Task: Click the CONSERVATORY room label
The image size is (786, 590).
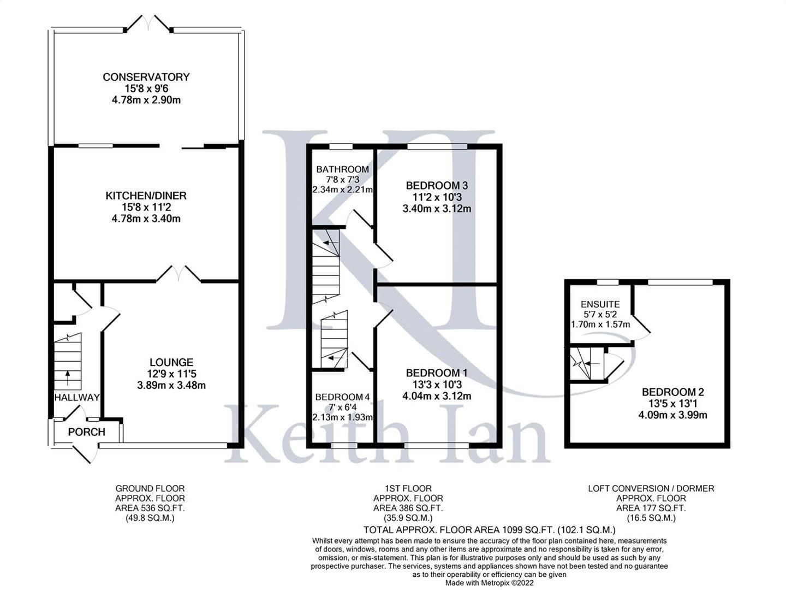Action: point(146,77)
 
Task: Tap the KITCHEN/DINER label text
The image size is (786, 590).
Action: point(146,196)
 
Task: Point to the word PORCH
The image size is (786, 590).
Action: point(86,432)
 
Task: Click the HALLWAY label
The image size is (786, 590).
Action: point(77,397)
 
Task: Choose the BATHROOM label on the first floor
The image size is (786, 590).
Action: point(342,169)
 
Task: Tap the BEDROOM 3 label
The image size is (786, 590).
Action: point(437,186)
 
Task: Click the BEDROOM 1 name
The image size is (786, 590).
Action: point(437,373)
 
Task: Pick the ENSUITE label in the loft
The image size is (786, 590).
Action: point(600,304)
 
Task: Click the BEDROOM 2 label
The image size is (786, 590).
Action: point(672,392)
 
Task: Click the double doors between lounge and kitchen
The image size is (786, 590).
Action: point(178,273)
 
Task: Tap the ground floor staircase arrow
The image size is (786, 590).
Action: point(68,375)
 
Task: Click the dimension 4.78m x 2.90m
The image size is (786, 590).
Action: point(146,100)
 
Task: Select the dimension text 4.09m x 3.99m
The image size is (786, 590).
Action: point(672,415)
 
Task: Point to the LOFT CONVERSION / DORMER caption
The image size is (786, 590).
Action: point(651,488)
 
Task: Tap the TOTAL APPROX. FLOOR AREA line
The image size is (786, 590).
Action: point(489,530)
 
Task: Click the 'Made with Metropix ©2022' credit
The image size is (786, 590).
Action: point(489,583)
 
